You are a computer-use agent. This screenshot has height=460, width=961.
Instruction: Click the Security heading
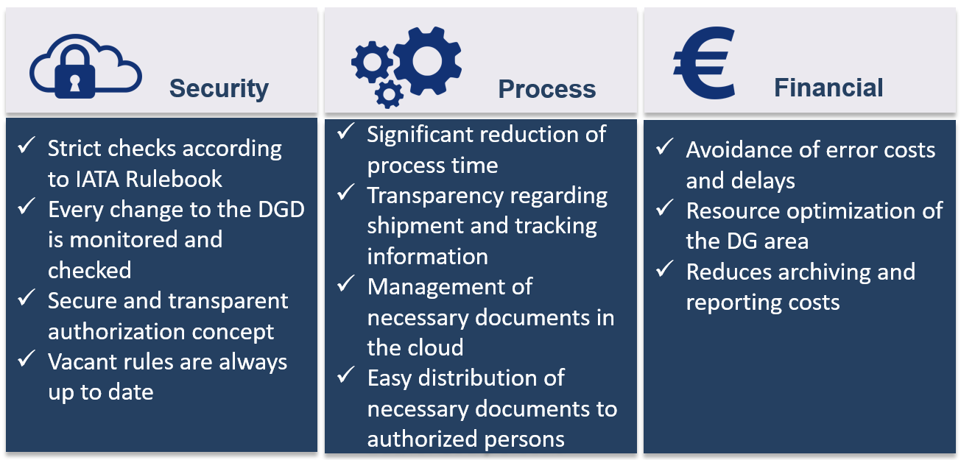click(x=219, y=89)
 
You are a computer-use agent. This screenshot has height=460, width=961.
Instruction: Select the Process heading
click(x=547, y=89)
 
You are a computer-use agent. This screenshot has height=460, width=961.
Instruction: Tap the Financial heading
click(x=828, y=88)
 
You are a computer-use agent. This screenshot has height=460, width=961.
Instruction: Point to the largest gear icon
click(x=427, y=60)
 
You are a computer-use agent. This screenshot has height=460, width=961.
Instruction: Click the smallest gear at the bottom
click(x=389, y=94)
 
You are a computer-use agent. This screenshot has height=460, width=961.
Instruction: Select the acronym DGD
click(x=281, y=210)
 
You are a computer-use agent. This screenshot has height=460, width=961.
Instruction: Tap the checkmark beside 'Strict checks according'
click(x=26, y=145)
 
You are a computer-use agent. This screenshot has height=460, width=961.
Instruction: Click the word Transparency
click(x=435, y=197)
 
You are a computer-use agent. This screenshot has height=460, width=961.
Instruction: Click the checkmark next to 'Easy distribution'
click(x=346, y=375)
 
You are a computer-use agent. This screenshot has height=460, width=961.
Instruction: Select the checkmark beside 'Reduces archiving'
click(x=664, y=269)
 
